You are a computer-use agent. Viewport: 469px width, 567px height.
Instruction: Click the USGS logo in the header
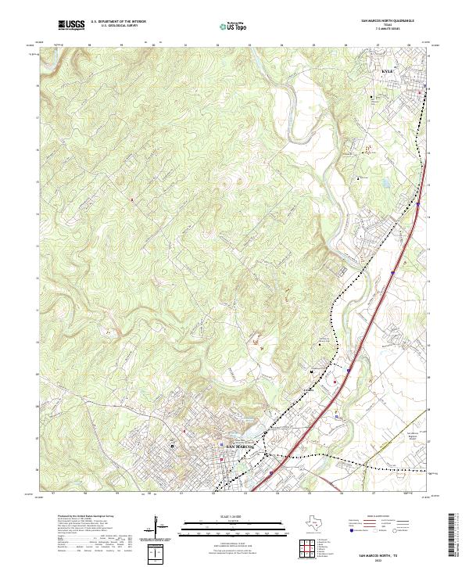click(x=71, y=26)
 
